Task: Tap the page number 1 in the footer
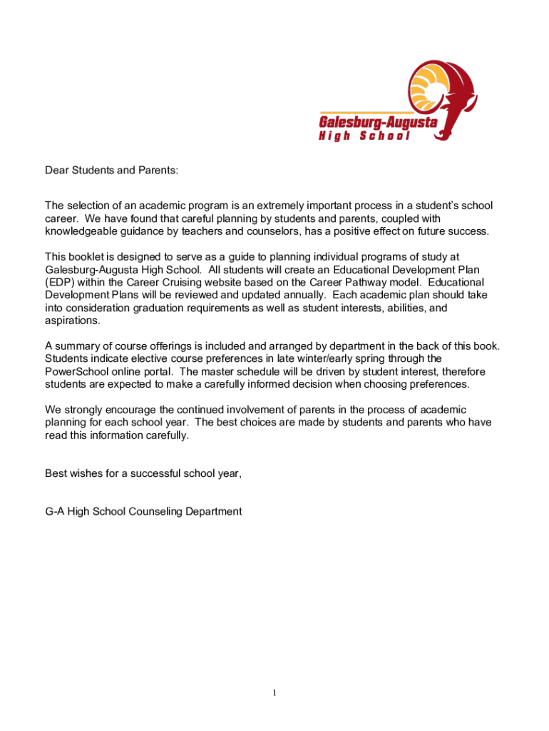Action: tap(274, 692)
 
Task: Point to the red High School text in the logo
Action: tap(364, 136)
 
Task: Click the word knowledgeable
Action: tap(78, 231)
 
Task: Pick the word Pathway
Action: tap(374, 283)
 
